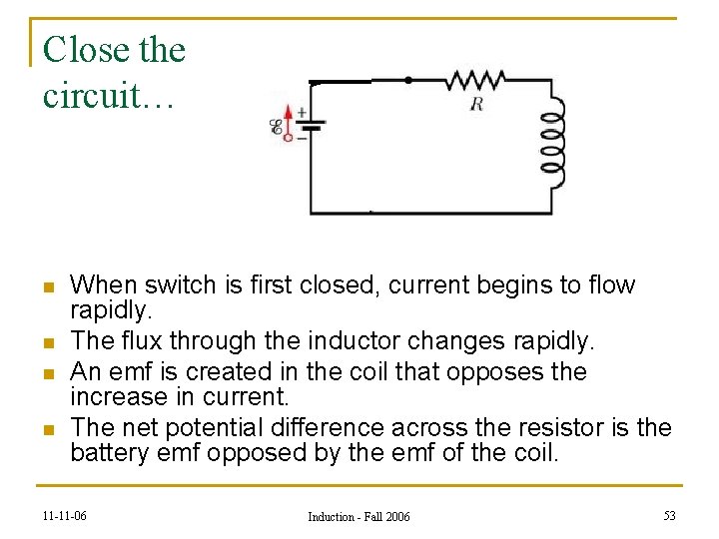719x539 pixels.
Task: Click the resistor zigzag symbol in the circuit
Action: click(x=476, y=80)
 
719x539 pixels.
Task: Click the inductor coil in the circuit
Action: click(x=551, y=141)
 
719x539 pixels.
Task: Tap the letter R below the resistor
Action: click(x=476, y=103)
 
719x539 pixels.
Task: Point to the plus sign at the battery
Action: click(x=302, y=113)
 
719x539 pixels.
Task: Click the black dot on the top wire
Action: click(x=407, y=79)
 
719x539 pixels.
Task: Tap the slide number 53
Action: click(x=669, y=515)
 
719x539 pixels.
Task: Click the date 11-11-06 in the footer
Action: click(x=64, y=516)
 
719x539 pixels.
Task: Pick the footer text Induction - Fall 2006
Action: click(x=359, y=516)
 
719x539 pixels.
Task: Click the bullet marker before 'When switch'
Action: click(x=47, y=287)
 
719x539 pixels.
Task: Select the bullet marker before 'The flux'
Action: click(x=47, y=344)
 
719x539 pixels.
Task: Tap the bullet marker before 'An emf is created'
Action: click(x=47, y=374)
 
